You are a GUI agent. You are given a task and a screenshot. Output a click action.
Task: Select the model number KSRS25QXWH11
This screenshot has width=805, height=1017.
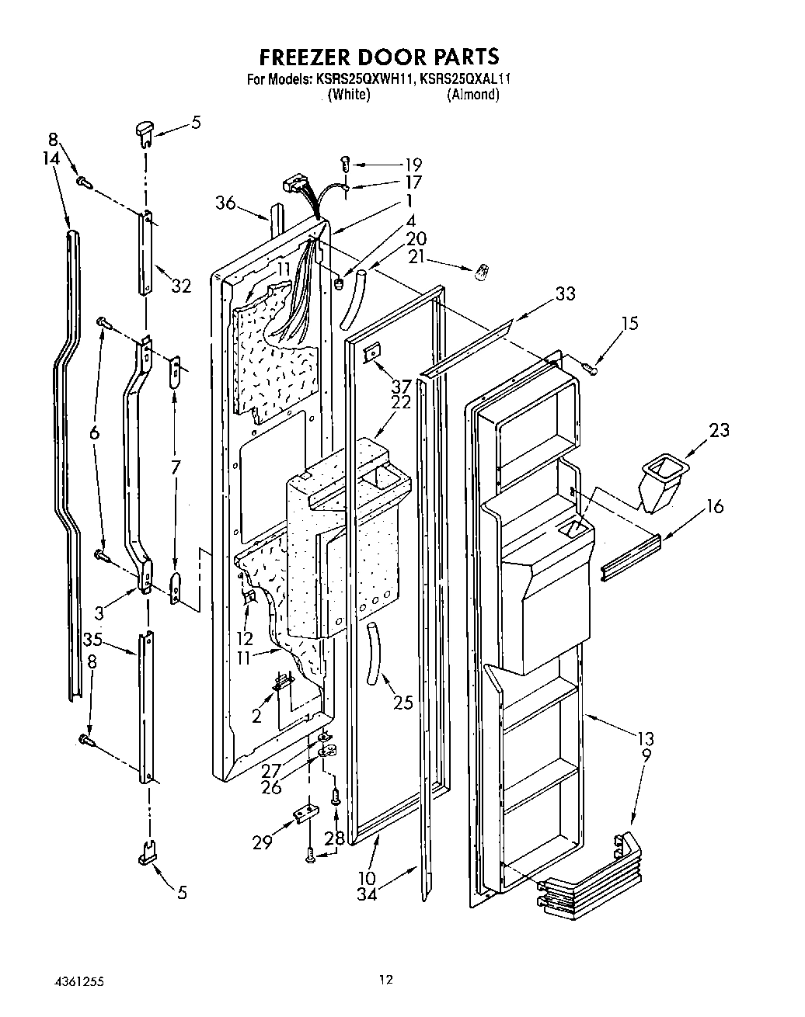(364, 78)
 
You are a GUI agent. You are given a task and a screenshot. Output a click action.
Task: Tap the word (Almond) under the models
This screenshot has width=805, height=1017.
(472, 95)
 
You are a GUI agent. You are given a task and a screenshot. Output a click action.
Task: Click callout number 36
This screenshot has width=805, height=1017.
(226, 203)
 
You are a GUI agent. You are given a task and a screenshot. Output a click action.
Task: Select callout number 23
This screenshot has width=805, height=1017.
(718, 429)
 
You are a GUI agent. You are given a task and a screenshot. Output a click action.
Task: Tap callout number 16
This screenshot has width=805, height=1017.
(714, 507)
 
